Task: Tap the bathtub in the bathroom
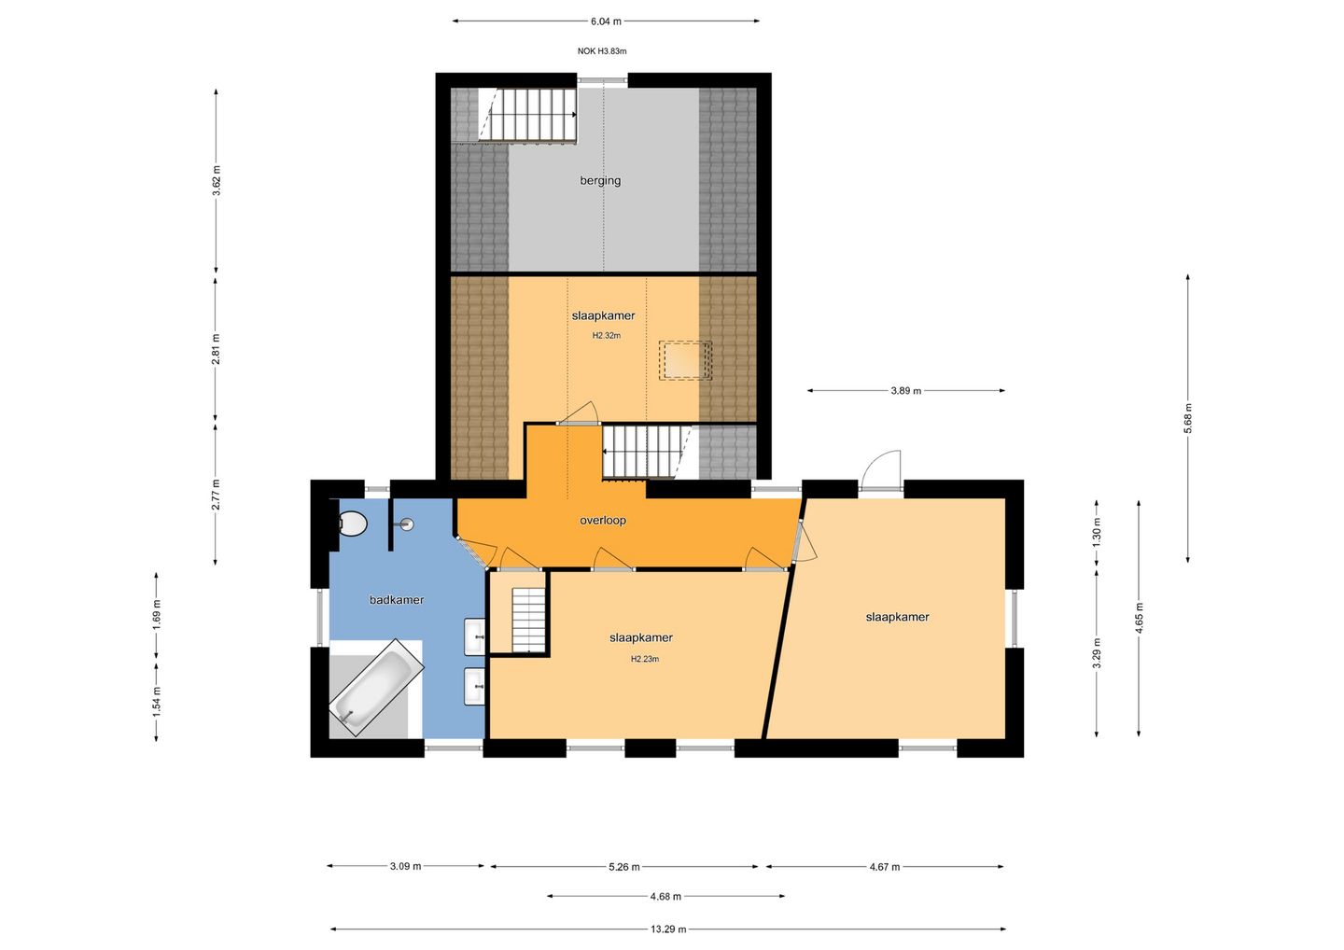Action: (x=376, y=688)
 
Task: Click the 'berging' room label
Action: (x=600, y=180)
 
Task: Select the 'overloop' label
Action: (x=602, y=520)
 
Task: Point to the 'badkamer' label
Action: (x=396, y=600)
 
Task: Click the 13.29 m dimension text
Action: (x=668, y=929)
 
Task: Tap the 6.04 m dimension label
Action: (x=606, y=21)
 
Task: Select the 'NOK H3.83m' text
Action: (x=602, y=51)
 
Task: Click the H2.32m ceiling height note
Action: (x=607, y=336)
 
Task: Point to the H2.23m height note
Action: (x=644, y=659)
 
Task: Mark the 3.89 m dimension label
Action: (x=905, y=391)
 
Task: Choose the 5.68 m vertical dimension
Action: (x=1188, y=419)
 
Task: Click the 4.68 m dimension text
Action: (x=665, y=897)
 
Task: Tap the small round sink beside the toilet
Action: (x=407, y=524)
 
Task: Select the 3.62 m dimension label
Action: (x=217, y=180)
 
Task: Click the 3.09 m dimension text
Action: (x=406, y=866)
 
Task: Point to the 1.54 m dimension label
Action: (x=157, y=701)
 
